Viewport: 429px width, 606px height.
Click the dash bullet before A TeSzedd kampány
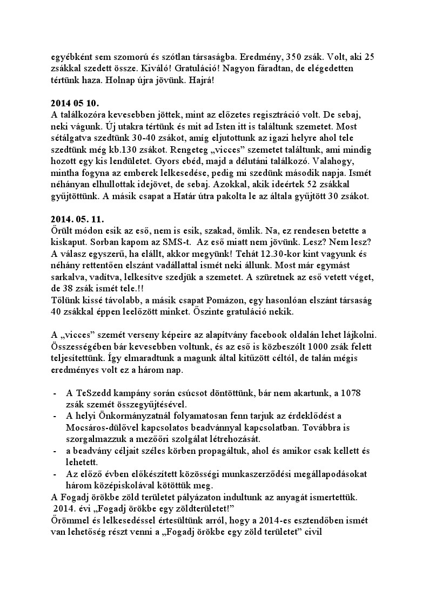(x=55, y=392)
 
